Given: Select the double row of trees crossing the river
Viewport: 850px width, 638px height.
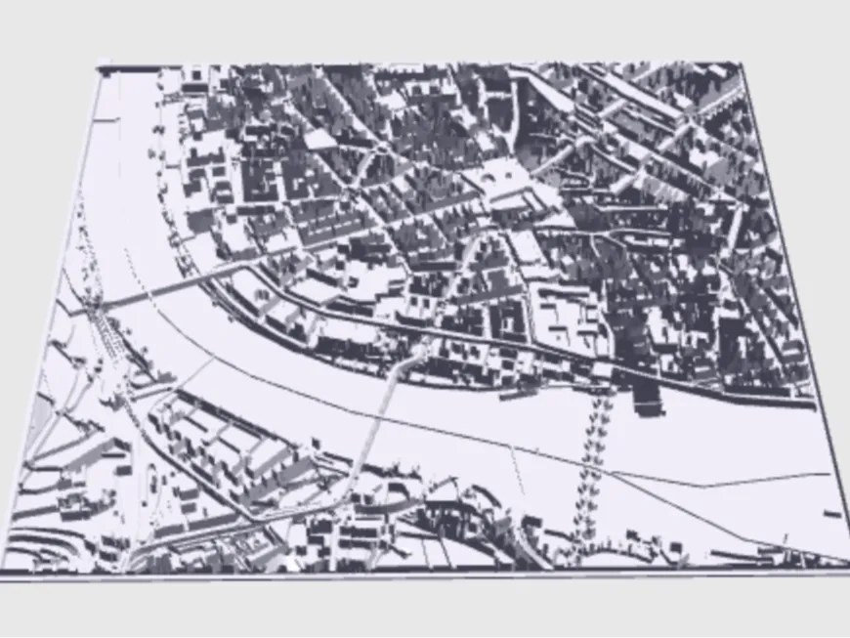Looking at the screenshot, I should point(592,459).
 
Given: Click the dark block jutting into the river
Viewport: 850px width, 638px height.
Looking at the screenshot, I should point(646,397).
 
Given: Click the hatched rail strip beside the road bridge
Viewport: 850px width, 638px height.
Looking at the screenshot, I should point(112,332).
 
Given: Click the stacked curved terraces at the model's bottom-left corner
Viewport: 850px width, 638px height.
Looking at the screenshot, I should point(39,547).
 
